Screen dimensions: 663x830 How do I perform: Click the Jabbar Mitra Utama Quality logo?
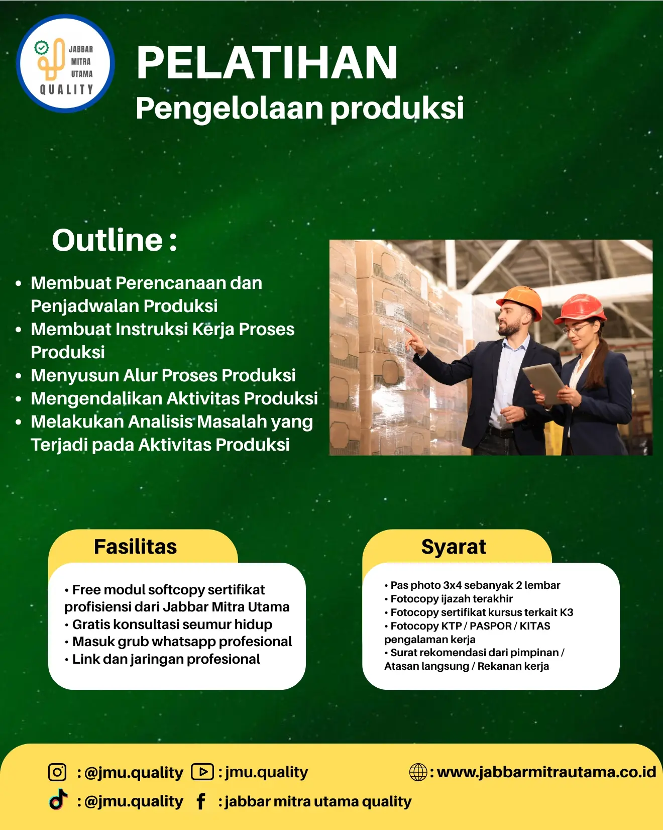click(66, 64)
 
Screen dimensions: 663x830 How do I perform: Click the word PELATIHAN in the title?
click(267, 63)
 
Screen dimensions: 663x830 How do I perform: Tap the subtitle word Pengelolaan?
click(230, 109)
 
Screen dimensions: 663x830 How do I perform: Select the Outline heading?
click(115, 240)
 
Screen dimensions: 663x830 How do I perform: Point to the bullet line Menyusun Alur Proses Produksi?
click(163, 375)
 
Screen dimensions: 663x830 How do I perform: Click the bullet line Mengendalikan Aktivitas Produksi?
click(174, 398)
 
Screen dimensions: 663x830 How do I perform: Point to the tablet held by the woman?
click(544, 383)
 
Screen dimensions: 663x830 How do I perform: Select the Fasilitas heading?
click(136, 547)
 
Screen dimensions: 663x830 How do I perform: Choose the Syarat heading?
click(454, 547)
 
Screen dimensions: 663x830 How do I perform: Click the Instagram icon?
click(57, 772)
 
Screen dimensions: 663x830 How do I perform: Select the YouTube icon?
click(202, 771)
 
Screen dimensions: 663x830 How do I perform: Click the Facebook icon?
click(201, 801)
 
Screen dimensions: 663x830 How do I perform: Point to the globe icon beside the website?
click(418, 772)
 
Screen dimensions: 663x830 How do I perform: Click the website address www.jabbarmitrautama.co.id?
click(546, 772)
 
